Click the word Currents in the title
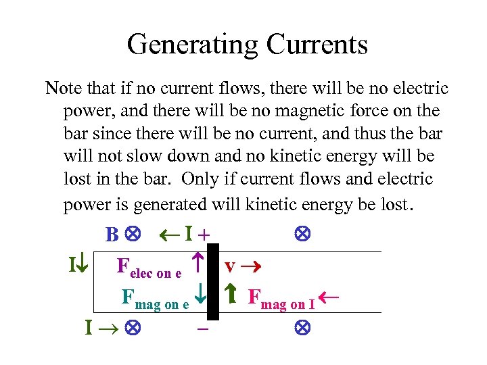point(317,45)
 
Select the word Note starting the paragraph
point(62,89)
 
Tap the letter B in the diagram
point(111,235)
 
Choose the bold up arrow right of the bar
point(230,296)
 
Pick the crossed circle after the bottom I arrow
point(131,329)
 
